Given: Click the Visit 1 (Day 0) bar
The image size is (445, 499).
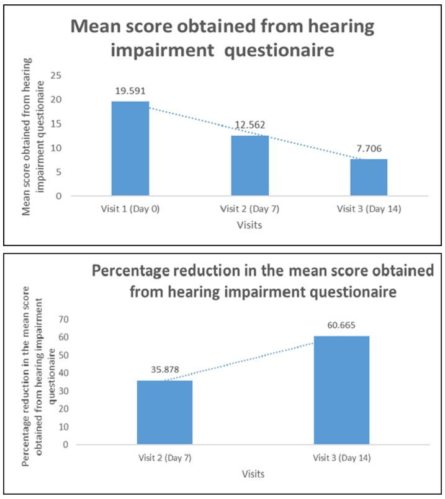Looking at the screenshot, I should click(x=130, y=149).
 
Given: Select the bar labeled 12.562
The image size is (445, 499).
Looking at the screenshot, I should click(x=249, y=166).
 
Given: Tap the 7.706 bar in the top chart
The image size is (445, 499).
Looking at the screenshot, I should click(x=369, y=177).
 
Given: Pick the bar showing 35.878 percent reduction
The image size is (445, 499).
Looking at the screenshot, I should click(x=164, y=412).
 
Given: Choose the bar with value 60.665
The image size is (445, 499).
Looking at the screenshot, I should click(x=342, y=390).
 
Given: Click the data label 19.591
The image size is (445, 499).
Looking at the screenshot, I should click(x=130, y=91).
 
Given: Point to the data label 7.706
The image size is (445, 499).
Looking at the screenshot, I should click(x=369, y=148).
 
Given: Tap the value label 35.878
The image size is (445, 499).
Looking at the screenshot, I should click(x=164, y=369).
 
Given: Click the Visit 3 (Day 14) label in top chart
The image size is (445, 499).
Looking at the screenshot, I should click(x=369, y=209).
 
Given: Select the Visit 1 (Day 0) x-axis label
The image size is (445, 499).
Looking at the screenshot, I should click(x=130, y=209).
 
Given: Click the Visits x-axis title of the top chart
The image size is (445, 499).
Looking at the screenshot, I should click(x=249, y=226).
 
